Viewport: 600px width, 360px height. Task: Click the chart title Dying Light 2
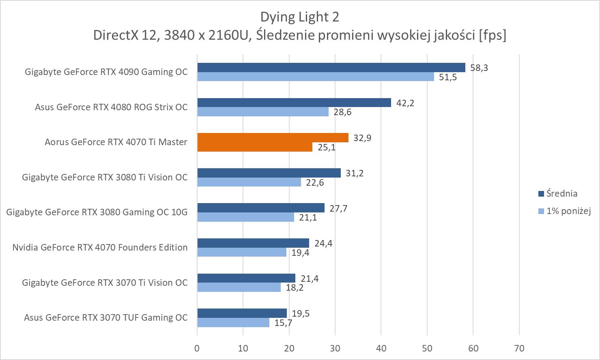pyautogui.click(x=299, y=17)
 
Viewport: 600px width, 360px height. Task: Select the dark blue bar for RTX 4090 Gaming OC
pyautogui.click(x=331, y=67)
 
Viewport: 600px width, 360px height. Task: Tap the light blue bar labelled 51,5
pyautogui.click(x=316, y=77)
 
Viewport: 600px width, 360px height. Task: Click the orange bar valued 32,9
pyautogui.click(x=273, y=138)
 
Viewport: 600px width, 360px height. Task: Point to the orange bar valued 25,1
pyautogui.click(x=255, y=147)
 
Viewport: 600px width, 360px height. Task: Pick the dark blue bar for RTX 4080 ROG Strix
pyautogui.click(x=294, y=103)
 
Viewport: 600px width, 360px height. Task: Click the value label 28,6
pyautogui.click(x=342, y=112)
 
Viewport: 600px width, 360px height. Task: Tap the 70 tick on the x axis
pyautogui.click(x=519, y=348)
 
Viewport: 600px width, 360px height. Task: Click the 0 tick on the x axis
pyautogui.click(x=197, y=348)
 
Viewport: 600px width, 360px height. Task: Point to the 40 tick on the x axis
pyautogui.click(x=381, y=348)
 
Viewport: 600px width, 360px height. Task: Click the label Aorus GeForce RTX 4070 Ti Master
pyautogui.click(x=116, y=142)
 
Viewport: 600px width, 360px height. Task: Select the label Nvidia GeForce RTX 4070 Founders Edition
pyautogui.click(x=100, y=247)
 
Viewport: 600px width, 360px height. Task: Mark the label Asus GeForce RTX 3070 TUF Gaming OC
pyautogui.click(x=106, y=317)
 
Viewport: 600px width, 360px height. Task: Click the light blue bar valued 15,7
pyautogui.click(x=233, y=323)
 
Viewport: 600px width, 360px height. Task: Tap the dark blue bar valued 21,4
pyautogui.click(x=246, y=278)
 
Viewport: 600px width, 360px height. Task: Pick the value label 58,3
pyautogui.click(x=479, y=68)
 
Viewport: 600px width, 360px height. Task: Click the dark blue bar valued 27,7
pyautogui.click(x=261, y=208)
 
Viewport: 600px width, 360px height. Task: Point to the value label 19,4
pyautogui.click(x=300, y=253)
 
